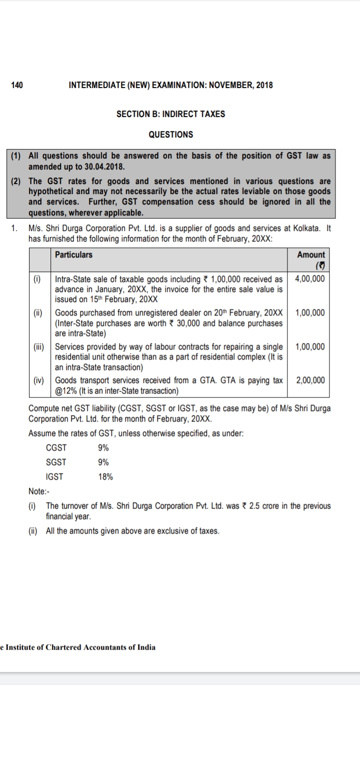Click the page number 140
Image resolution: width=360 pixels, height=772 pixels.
(x=17, y=85)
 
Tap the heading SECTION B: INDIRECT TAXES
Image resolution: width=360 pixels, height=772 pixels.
(x=170, y=114)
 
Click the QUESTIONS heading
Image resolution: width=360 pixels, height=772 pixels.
(x=170, y=134)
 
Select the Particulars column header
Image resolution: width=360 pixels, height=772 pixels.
(x=73, y=254)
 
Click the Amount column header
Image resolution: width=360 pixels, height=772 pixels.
(x=310, y=254)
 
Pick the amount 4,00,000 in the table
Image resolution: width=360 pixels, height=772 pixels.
(x=310, y=278)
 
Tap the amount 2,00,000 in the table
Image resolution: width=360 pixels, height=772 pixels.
(x=310, y=380)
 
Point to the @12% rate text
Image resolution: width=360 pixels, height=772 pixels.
(x=64, y=390)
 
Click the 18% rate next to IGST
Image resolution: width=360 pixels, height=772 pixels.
(x=106, y=477)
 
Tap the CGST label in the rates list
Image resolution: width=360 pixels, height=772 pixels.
(x=56, y=448)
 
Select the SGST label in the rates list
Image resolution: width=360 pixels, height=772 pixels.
(x=56, y=462)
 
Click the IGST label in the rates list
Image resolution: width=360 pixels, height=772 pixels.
(x=54, y=477)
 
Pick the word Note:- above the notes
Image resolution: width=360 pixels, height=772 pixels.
(x=38, y=492)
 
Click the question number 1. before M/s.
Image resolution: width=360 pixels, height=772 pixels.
(x=15, y=228)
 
